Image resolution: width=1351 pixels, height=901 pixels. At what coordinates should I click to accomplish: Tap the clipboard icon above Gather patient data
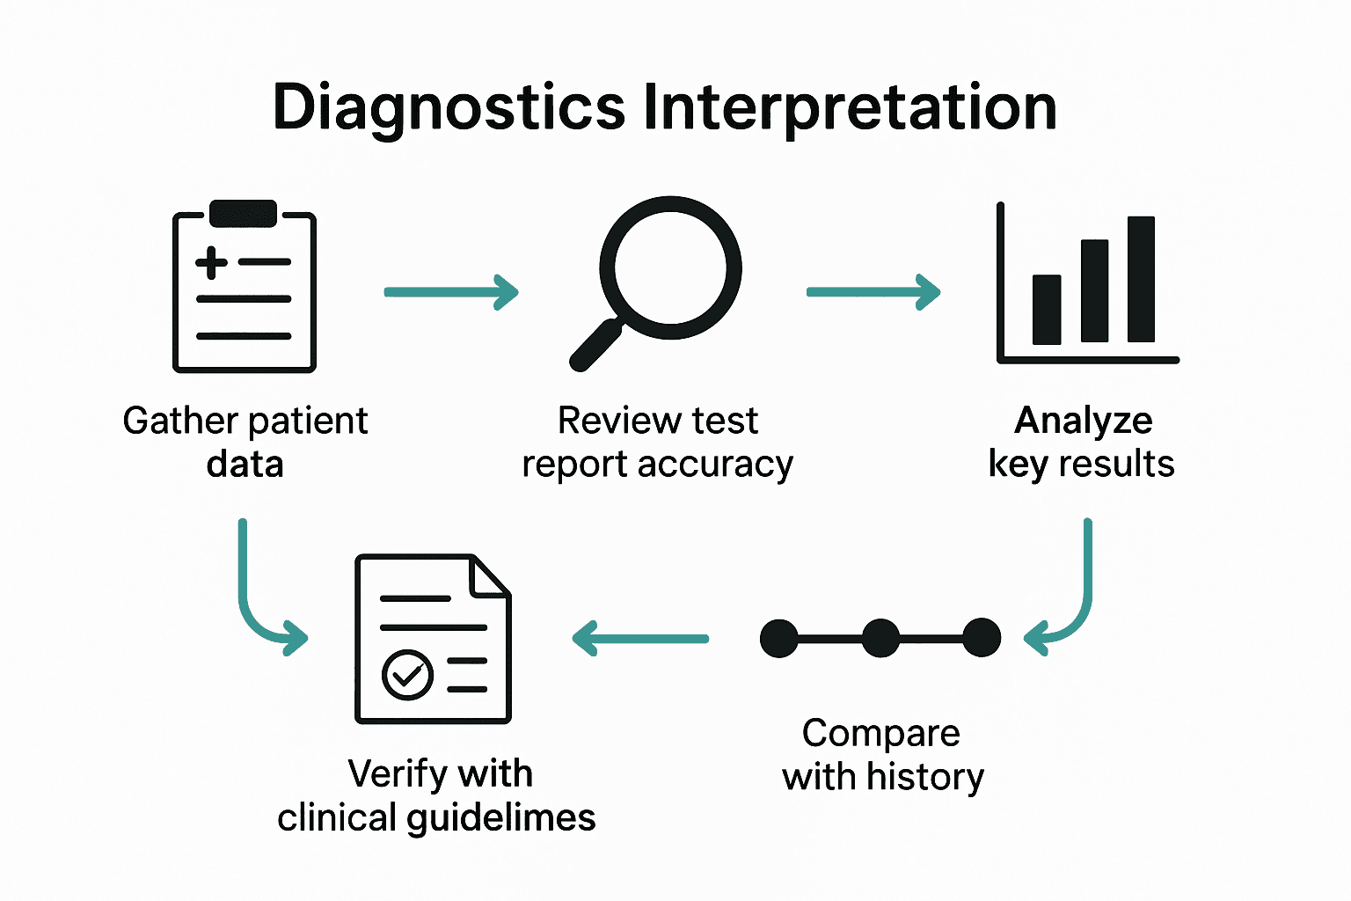point(245,290)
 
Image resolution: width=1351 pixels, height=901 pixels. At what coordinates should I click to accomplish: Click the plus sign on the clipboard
point(211,262)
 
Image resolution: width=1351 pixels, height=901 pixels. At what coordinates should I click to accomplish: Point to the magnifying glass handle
point(595,346)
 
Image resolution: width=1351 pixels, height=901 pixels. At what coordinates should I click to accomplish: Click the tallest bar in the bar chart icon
point(1141,279)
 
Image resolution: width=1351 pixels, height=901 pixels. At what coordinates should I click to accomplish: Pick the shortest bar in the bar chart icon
point(1047,309)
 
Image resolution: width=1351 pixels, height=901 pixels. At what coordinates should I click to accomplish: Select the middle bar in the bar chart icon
point(1094,290)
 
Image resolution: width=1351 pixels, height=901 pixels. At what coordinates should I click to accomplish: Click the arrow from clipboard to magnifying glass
point(451,292)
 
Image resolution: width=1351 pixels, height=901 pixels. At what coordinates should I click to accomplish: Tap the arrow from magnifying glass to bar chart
point(873,292)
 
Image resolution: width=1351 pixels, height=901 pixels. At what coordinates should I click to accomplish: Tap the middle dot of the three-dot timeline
point(880,638)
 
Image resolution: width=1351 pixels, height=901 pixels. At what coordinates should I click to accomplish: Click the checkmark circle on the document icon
point(407,675)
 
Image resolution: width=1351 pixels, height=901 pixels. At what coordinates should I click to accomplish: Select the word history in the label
point(924,777)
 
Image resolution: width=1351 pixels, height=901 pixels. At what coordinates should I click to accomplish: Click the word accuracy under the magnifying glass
point(715,465)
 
